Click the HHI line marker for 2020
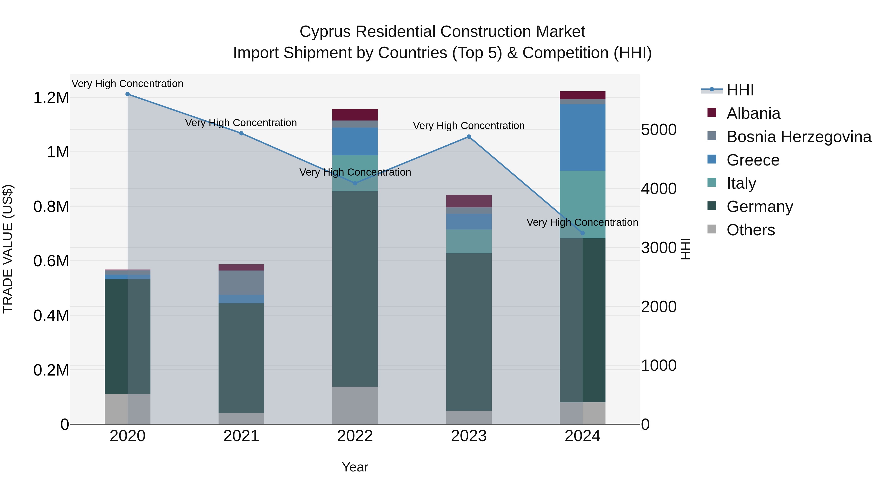[127, 94]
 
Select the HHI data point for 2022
[355, 183]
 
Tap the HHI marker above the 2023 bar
[469, 137]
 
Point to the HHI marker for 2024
[582, 233]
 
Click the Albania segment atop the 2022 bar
[355, 115]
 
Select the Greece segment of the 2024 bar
[582, 137]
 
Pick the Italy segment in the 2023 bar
[469, 241]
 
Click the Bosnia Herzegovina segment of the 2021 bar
[241, 283]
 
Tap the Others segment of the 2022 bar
[355, 405]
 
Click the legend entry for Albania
[753, 113]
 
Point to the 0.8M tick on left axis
[51, 207]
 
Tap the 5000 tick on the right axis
[659, 130]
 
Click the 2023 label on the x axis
[469, 436]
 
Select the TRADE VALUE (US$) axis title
[8, 249]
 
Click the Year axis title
[355, 467]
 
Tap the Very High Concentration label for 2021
[241, 123]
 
